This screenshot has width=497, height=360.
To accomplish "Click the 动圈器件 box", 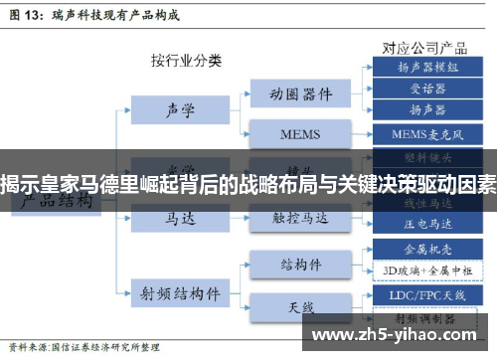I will (x=299, y=94).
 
